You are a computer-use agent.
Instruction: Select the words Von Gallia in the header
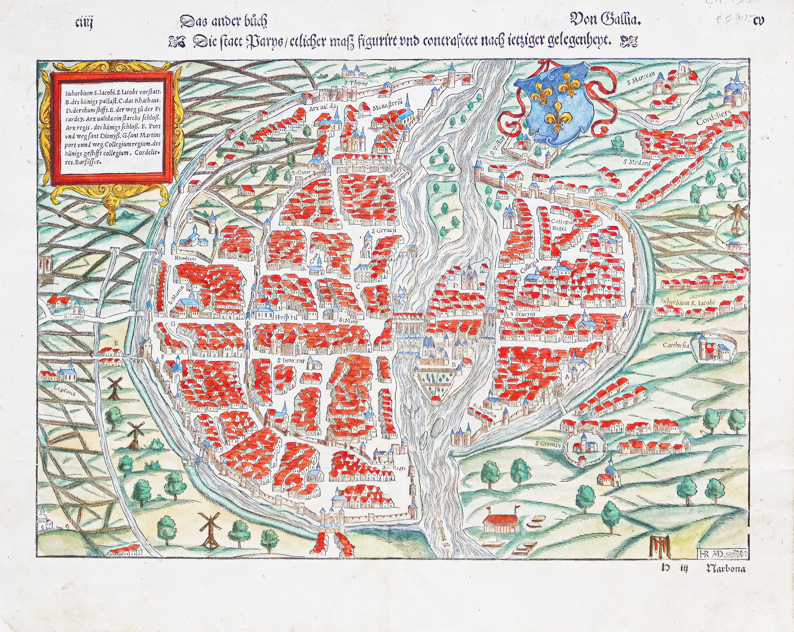(x=605, y=19)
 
